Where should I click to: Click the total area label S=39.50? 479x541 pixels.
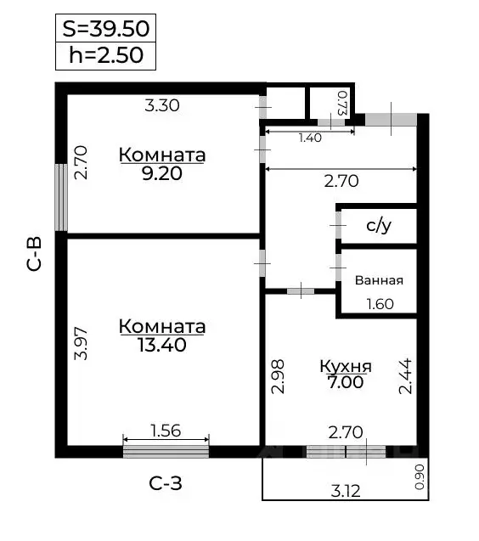coord(106,28)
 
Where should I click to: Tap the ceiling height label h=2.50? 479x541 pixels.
coord(106,56)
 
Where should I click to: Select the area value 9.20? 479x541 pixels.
coord(161,173)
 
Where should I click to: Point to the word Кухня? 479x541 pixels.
coord(345,367)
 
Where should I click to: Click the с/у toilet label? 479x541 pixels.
coord(378,226)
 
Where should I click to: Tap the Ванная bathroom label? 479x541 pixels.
coord(379,280)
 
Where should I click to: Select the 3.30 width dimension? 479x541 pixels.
coord(161,106)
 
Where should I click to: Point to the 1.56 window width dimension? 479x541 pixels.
coord(166,431)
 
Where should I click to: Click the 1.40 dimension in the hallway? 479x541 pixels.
coord(310,138)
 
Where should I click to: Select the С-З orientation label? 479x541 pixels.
coord(166,484)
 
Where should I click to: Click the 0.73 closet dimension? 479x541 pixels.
coord(342,103)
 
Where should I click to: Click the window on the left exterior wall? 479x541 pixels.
coord(61,196)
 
